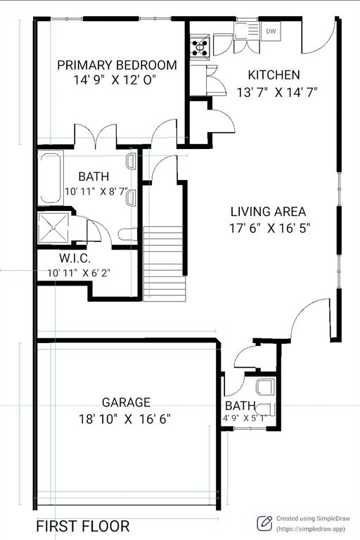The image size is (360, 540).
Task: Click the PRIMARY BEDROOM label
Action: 117,65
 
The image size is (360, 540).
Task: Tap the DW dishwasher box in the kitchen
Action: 271,31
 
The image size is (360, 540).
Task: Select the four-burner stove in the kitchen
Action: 200,47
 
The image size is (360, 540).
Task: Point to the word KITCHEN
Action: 274,75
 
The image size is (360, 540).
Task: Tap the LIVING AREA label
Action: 268,211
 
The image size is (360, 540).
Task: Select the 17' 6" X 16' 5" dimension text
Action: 270,228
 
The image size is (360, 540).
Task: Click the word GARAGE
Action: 126,402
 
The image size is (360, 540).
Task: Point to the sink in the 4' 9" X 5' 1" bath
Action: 264,386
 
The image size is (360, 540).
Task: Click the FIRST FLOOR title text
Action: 82,526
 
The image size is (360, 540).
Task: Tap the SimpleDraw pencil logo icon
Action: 264,522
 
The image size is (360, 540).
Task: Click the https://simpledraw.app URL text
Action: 310,529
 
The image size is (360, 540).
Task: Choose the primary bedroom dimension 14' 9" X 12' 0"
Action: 114,80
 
